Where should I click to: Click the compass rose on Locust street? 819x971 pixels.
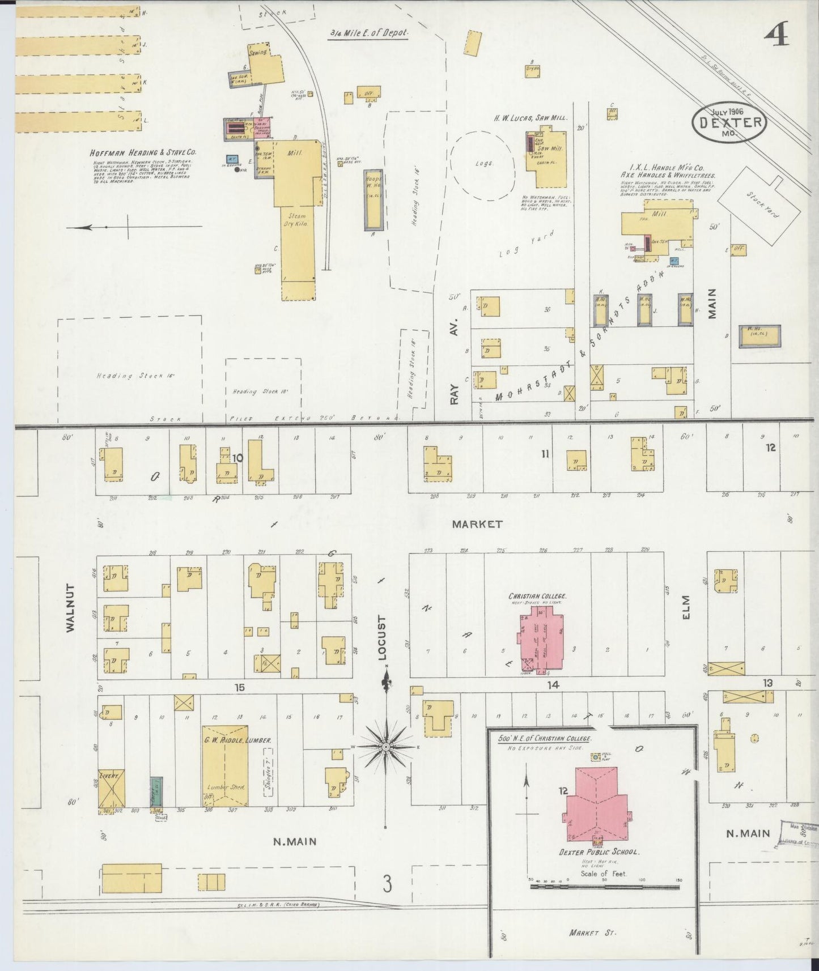(x=385, y=747)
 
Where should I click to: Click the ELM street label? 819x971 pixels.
(x=686, y=606)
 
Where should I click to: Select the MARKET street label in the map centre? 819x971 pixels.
(x=477, y=524)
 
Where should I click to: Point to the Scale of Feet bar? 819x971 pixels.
(x=604, y=902)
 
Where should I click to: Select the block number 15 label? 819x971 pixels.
(x=240, y=687)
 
